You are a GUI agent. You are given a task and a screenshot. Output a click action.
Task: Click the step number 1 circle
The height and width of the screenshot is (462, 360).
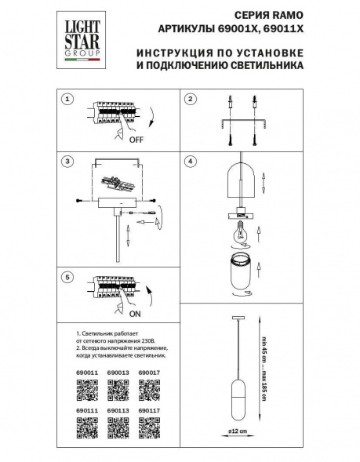pos(67,100)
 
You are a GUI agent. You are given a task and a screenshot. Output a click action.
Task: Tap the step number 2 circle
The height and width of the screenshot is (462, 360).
pos(190,100)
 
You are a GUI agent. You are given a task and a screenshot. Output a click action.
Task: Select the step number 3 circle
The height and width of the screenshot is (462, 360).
pos(67,162)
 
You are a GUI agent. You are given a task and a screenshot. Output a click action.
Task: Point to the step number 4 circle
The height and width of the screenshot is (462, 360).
pos(190,162)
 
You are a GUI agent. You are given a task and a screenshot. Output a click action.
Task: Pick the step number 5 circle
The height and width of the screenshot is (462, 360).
pos(67,277)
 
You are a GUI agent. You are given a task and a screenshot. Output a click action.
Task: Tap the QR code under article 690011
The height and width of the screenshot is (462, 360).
pos(87,389)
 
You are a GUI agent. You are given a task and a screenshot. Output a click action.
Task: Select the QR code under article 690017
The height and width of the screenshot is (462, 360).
pos(150,389)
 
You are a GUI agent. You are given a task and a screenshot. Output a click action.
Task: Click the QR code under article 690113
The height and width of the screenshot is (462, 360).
pos(118,428)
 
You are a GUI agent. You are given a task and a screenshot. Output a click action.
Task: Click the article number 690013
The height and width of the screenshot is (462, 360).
pos(117,373)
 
